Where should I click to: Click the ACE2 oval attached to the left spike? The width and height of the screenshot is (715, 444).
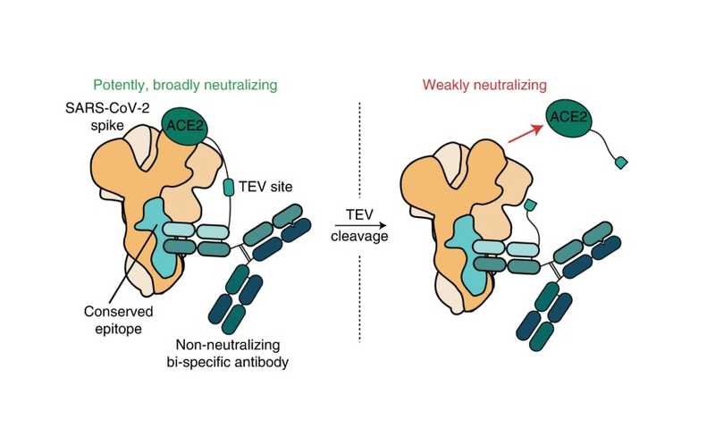click(x=185, y=126)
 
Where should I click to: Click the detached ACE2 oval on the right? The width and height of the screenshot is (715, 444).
click(x=568, y=118)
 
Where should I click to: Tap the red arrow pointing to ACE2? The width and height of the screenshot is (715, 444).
click(x=526, y=134)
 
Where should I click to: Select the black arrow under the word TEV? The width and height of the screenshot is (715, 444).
click(x=360, y=225)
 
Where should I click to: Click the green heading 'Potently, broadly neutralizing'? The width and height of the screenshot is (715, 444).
click(x=185, y=85)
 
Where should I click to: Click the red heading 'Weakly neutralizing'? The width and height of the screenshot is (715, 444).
click(x=484, y=85)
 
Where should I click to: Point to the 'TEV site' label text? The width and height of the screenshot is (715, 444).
click(x=265, y=187)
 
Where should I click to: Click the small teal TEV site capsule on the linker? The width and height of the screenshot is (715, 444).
click(x=229, y=188)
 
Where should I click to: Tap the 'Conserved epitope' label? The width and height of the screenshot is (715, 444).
click(x=119, y=320)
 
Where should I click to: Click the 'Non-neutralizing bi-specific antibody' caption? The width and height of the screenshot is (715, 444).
click(x=228, y=353)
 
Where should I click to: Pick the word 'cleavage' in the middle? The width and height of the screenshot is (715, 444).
click(x=360, y=237)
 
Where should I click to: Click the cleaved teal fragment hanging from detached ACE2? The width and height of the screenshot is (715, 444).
click(x=621, y=163)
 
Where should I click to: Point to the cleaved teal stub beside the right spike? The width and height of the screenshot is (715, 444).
click(x=530, y=205)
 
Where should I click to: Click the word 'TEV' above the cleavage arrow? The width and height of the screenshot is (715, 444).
click(x=359, y=214)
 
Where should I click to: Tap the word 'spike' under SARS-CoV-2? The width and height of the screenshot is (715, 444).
click(x=107, y=126)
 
